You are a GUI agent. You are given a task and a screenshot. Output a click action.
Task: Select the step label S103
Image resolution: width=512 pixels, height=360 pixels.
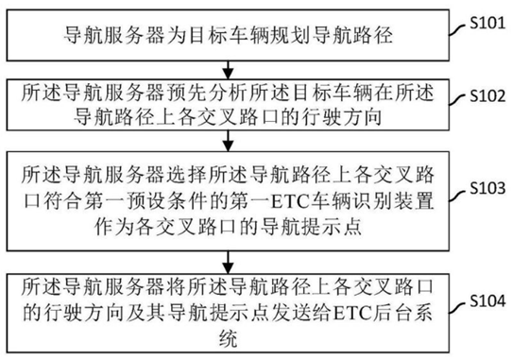[x=486, y=188]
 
